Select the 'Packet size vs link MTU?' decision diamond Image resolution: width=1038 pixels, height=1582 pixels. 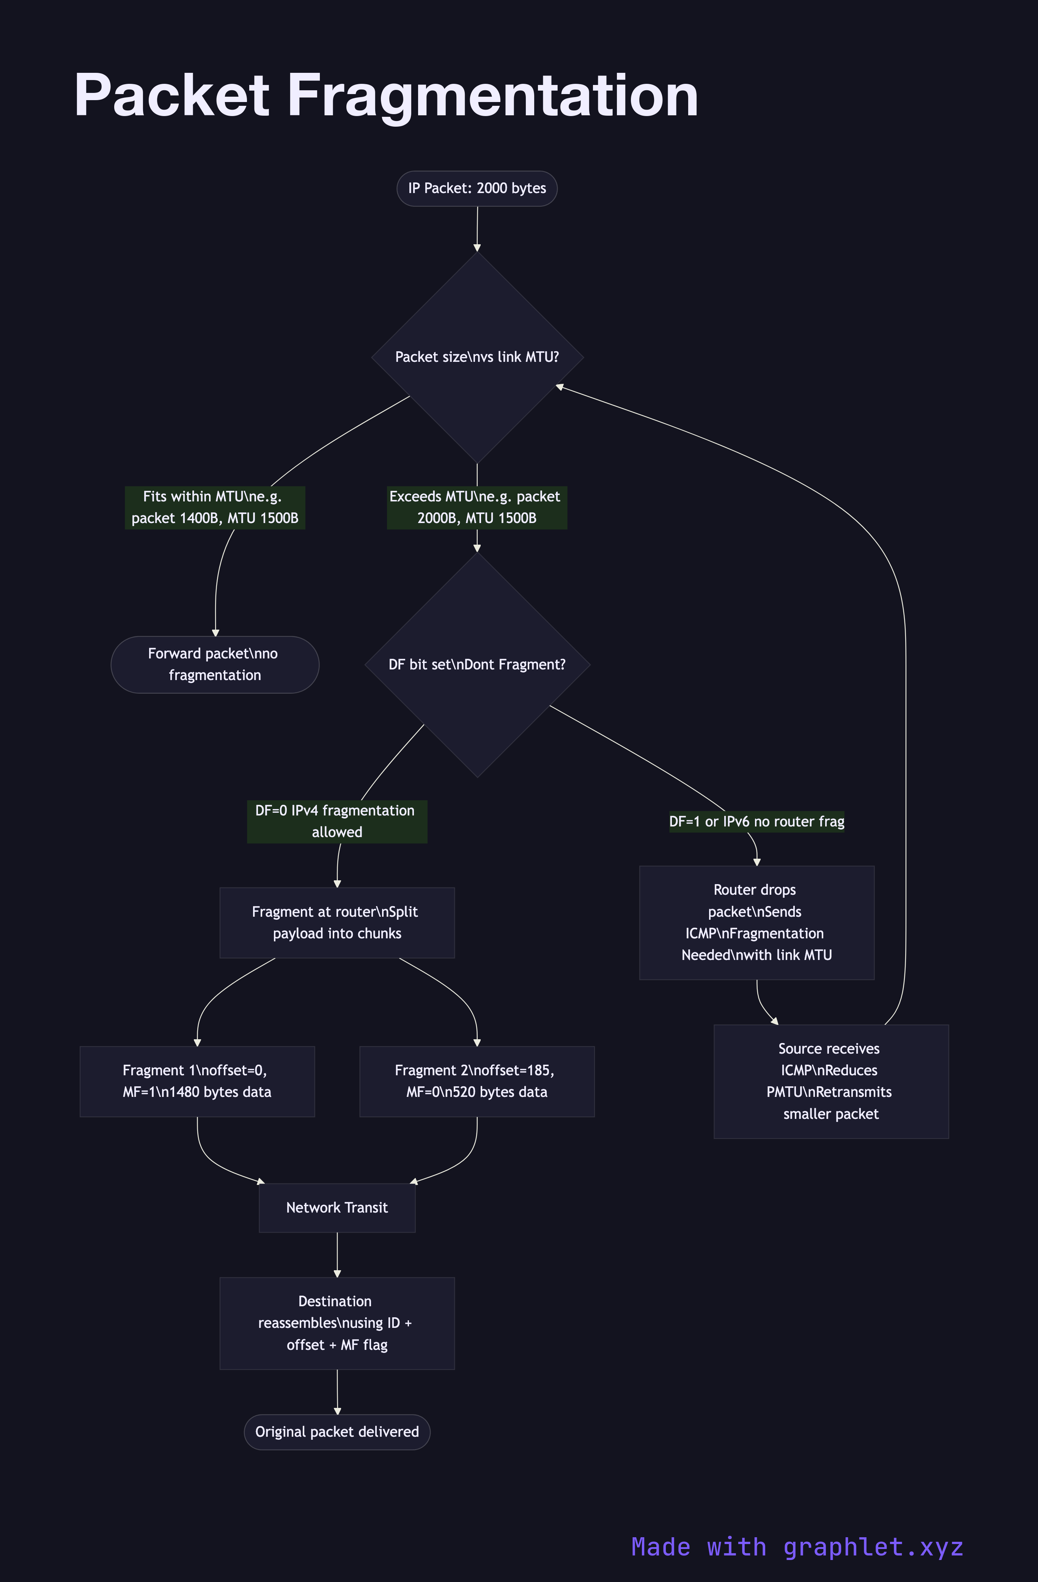[x=477, y=357]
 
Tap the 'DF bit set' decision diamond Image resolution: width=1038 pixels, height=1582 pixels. [x=477, y=665]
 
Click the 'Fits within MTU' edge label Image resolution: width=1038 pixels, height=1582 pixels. [x=215, y=507]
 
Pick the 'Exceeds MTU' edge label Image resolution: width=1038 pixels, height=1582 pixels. [x=477, y=507]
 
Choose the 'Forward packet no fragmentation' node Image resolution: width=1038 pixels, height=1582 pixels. [x=215, y=665]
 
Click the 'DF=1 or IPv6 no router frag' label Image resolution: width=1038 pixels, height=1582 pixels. [x=757, y=822]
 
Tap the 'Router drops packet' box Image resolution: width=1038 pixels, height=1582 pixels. [x=757, y=922]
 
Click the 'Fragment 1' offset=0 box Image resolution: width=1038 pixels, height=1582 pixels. [x=197, y=1081]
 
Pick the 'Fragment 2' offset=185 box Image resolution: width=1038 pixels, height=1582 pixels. [x=477, y=1081]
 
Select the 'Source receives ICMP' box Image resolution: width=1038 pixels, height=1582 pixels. [x=830, y=1081]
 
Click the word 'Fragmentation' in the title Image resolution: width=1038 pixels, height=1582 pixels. [x=492, y=96]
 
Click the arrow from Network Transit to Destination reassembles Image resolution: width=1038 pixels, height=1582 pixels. [x=337, y=1254]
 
